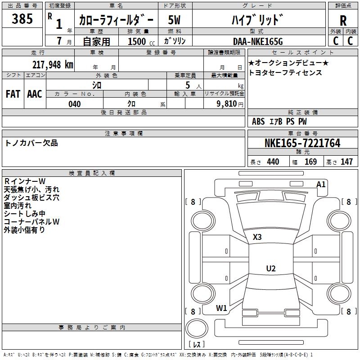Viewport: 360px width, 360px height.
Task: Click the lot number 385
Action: tap(22, 19)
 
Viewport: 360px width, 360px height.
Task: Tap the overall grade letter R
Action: tap(343, 21)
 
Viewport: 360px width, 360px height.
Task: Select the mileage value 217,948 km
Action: tap(53, 64)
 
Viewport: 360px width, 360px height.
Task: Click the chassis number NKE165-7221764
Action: tap(302, 144)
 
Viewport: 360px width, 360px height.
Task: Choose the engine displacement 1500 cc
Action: tap(138, 42)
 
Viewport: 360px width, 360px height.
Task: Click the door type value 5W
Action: tap(175, 20)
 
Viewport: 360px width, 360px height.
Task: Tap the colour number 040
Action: tap(75, 104)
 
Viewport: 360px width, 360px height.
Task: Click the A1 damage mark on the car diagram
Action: tap(321, 184)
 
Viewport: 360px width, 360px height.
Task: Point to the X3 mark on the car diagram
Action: tap(257, 237)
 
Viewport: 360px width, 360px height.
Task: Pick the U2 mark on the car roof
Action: tap(270, 269)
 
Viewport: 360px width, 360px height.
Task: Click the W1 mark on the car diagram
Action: tap(221, 308)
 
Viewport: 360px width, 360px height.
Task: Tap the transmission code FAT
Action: tap(13, 94)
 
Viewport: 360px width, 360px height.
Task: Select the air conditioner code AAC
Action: tap(34, 94)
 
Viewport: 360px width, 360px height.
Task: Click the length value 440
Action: tap(273, 162)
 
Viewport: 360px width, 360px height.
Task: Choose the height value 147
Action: tap(346, 162)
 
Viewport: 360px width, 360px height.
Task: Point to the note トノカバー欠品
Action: tap(31, 143)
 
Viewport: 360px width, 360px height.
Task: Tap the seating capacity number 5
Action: tap(187, 85)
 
